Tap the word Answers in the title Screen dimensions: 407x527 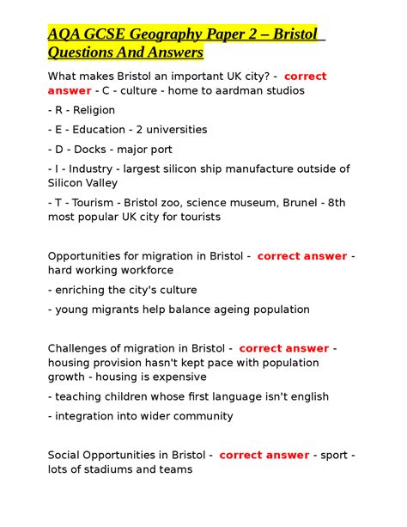click(175, 53)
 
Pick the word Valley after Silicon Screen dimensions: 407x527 click(100, 182)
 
